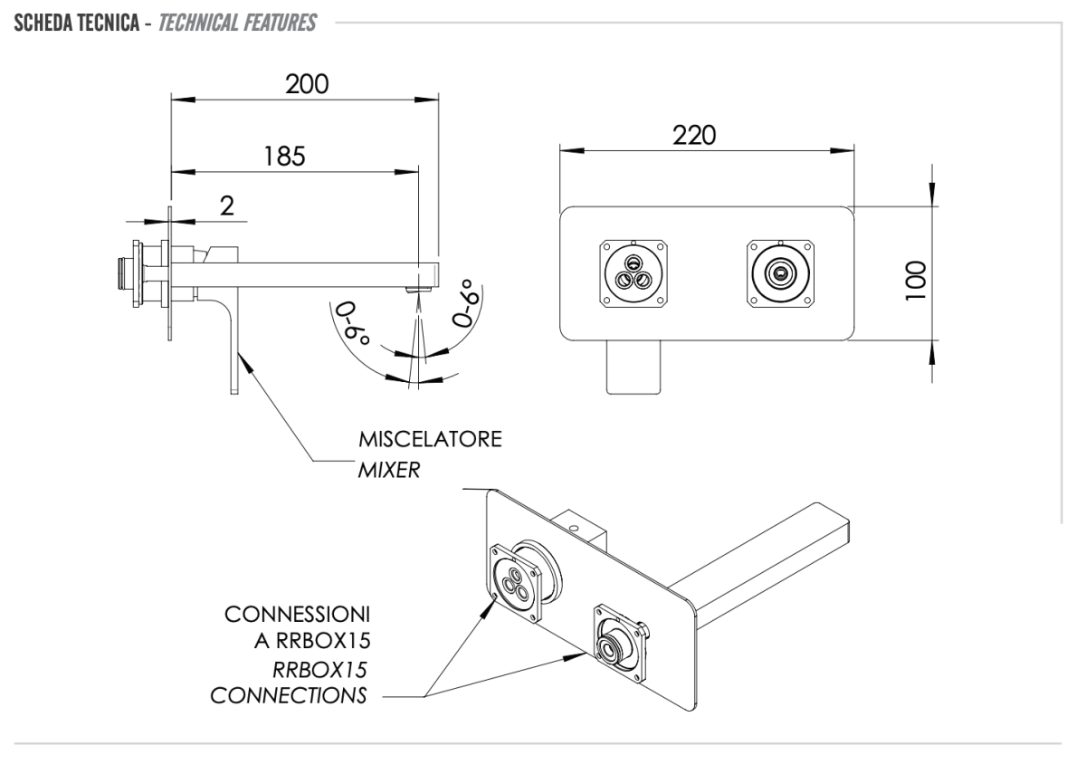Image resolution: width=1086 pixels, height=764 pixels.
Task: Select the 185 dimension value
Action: tap(285, 155)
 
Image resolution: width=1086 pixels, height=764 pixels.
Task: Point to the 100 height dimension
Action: tap(917, 273)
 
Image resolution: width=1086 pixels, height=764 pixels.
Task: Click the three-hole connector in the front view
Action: tap(633, 273)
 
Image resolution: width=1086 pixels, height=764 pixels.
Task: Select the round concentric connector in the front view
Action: tap(777, 272)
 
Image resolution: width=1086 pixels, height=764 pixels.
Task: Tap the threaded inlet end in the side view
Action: tap(120, 272)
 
